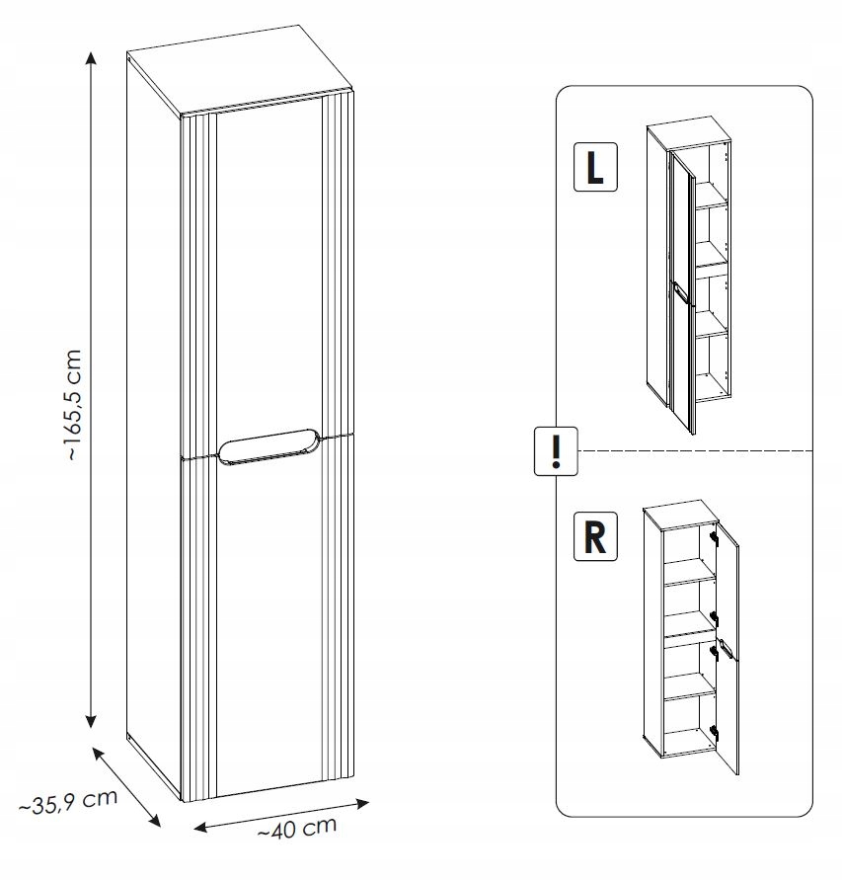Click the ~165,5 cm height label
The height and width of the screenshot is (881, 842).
[75, 405]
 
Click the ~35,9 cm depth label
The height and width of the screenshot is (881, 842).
[68, 802]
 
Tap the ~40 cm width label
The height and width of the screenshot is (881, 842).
[297, 828]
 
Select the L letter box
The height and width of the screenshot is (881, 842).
[595, 167]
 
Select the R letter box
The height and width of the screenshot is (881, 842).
[595, 536]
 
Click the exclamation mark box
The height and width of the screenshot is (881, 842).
[556, 450]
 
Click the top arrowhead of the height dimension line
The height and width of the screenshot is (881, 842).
[91, 58]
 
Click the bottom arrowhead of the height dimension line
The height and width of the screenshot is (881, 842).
[91, 721]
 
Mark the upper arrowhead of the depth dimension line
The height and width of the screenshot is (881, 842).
[99, 754]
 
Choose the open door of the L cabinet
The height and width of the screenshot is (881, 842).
[682, 292]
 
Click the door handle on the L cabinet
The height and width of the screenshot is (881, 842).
[680, 293]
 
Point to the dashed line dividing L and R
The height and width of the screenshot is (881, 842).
[695, 450]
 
